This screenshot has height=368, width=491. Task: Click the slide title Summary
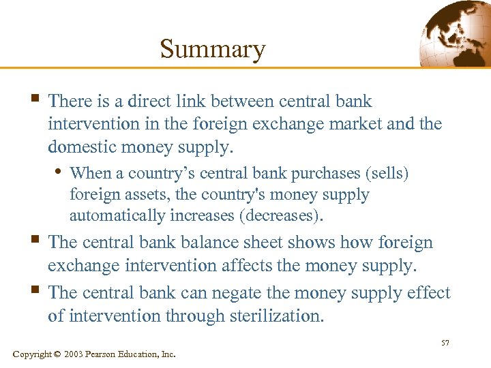click(212, 50)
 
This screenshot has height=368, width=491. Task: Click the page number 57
click(445, 343)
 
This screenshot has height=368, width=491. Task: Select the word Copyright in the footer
click(32, 354)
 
